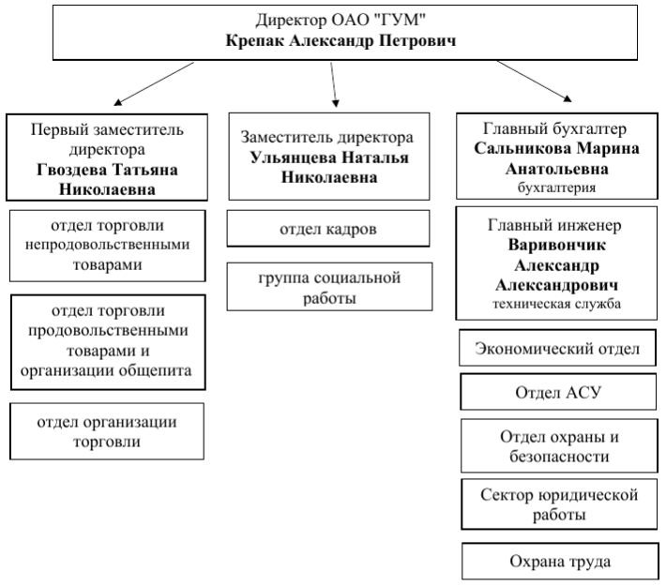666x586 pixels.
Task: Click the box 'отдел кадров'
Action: tap(328, 229)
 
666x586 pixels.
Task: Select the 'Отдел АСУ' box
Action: tap(558, 392)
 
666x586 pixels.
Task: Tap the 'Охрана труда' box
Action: tap(560, 561)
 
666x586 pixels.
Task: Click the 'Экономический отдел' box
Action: tap(557, 348)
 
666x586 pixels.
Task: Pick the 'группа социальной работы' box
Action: tap(329, 287)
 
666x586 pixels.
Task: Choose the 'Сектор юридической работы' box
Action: tap(559, 504)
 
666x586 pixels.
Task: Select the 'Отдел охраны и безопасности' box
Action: tap(559, 446)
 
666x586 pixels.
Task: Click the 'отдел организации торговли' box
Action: tap(107, 431)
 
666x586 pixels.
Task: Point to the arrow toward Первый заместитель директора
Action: tap(154, 83)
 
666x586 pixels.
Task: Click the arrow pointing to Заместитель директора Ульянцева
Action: tap(333, 84)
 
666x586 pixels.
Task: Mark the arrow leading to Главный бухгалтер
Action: tap(534, 82)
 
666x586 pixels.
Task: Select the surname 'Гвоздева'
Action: tap(71, 170)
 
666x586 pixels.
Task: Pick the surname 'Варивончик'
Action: tap(557, 245)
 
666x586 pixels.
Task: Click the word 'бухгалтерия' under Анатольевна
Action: tap(556, 188)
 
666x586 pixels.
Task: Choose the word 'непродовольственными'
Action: tap(107, 245)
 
